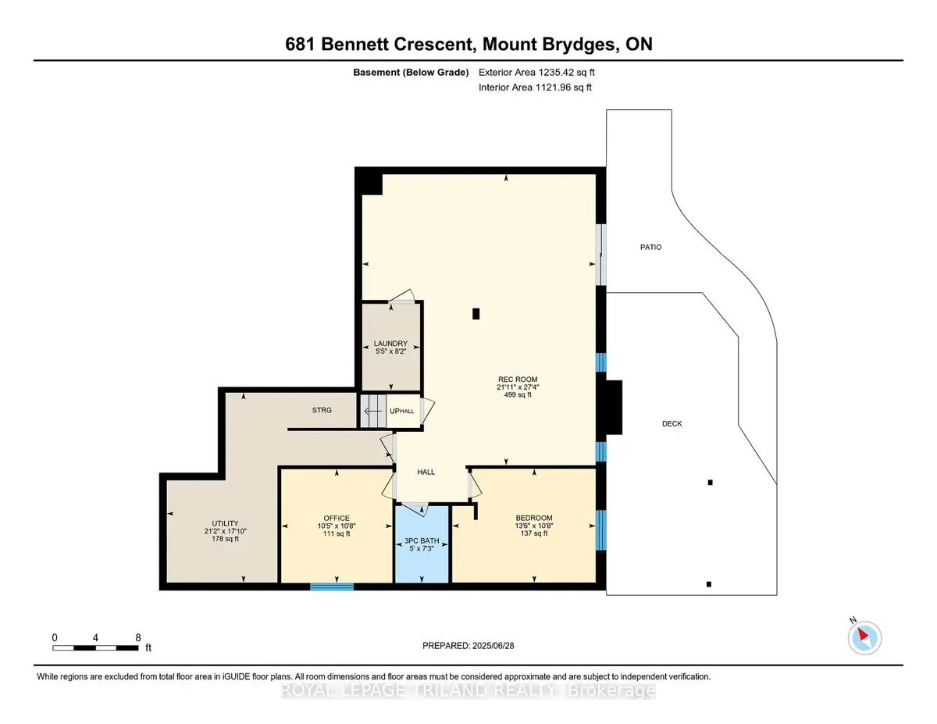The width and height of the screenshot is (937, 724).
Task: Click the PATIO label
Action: (x=650, y=247)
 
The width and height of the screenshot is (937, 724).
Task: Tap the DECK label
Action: (x=672, y=424)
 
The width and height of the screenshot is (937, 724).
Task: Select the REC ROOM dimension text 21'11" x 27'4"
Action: (x=518, y=387)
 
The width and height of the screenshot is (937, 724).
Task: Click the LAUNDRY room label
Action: (x=390, y=343)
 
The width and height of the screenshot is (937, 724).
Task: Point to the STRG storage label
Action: (x=322, y=410)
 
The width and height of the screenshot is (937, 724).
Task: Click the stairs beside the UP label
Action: (x=373, y=411)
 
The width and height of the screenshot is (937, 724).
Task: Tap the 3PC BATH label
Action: (x=422, y=540)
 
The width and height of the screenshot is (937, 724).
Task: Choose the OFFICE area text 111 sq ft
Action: (x=337, y=534)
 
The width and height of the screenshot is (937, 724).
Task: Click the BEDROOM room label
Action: (x=534, y=518)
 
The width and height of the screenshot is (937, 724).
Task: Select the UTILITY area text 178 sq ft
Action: (x=225, y=539)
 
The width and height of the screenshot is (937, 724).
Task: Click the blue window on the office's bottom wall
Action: (x=332, y=587)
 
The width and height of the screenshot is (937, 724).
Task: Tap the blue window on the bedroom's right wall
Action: (x=600, y=530)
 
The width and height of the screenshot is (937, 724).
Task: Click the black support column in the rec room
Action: (x=476, y=314)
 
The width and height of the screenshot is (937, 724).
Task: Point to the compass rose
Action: (x=864, y=638)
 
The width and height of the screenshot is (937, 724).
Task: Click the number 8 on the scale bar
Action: (x=138, y=638)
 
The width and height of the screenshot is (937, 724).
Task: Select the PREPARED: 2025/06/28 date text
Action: (x=468, y=646)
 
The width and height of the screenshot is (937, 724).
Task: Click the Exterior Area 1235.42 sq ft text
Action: (x=536, y=73)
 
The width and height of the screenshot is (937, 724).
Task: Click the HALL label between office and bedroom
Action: (x=426, y=473)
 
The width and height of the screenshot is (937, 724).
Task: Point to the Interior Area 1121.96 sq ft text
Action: (x=535, y=87)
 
